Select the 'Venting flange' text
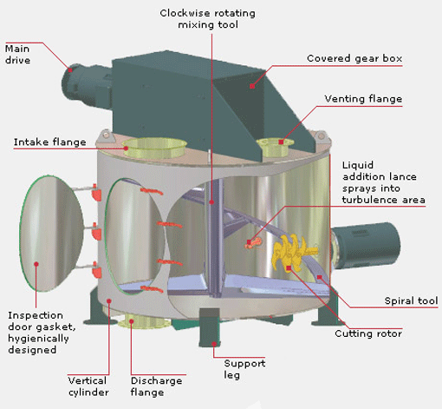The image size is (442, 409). tap(362, 99)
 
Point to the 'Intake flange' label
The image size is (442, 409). tap(49, 142)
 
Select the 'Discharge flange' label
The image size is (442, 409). tap(158, 386)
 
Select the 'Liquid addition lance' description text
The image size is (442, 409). tap(383, 182)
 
